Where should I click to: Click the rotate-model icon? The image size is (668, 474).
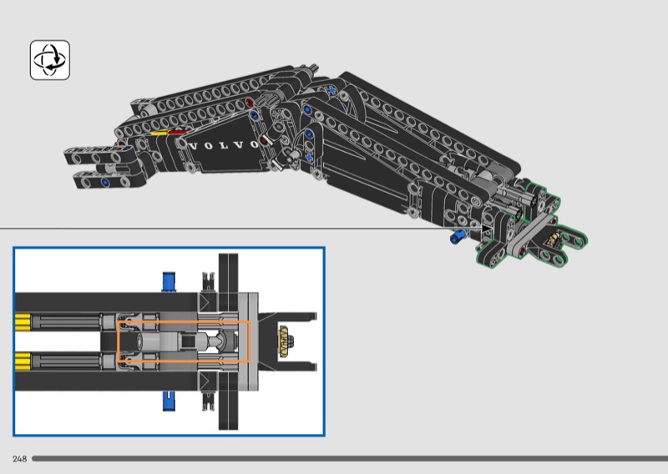tap(50, 60)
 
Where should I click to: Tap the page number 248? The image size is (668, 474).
tap(19, 459)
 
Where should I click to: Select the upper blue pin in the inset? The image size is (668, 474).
tap(170, 281)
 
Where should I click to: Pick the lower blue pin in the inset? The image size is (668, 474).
tap(170, 401)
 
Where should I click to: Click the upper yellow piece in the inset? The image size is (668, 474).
tap(23, 322)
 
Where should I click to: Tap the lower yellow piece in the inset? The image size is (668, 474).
tap(23, 361)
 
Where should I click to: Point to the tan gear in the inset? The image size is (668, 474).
tap(283, 340)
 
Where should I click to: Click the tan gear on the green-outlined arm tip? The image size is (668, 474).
tap(553, 240)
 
